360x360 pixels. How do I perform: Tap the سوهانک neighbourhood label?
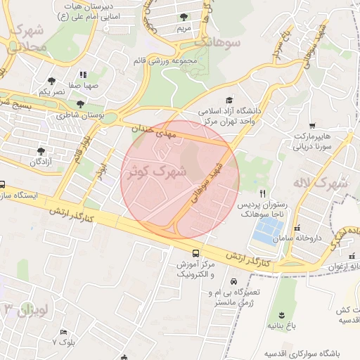[217, 42]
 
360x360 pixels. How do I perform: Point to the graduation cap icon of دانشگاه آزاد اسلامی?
[229, 101]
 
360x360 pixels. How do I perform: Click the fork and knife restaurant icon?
[263, 193]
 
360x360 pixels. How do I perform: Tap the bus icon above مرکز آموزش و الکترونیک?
[195, 254]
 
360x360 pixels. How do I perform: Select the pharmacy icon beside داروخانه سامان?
[297, 229]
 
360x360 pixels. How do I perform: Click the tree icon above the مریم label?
[184, 17]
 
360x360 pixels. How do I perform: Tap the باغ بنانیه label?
[282, 327]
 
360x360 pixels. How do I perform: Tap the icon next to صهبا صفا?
[83, 74]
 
